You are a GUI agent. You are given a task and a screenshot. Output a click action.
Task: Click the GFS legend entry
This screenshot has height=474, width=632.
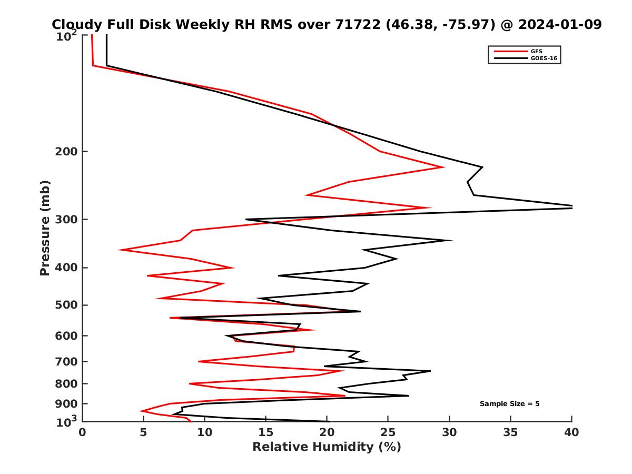coord(536,51)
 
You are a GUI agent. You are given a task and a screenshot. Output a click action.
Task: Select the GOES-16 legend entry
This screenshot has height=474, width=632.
coord(544,58)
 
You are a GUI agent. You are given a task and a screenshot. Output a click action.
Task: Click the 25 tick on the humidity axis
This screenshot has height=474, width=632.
coord(388,432)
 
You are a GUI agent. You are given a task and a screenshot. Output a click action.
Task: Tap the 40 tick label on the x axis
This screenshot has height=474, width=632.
coord(571,432)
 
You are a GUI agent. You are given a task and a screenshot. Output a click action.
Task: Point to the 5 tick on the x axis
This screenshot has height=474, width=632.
coord(143,432)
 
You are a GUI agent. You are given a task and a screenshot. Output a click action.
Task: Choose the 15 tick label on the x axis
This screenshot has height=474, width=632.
coord(265,432)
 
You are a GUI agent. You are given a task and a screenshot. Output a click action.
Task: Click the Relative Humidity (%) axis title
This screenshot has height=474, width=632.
coord(327,447)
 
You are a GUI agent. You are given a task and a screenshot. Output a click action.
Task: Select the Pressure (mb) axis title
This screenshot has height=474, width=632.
coord(45,228)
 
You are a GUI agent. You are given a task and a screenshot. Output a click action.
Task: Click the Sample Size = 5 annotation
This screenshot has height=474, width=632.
coord(509,404)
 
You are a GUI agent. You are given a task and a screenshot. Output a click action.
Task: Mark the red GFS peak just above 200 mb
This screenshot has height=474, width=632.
coord(443,167)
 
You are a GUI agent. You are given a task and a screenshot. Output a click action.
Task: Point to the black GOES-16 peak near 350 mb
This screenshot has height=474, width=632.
coord(451,241)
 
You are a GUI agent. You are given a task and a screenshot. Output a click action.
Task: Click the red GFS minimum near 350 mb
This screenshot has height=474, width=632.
coord(120,250)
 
